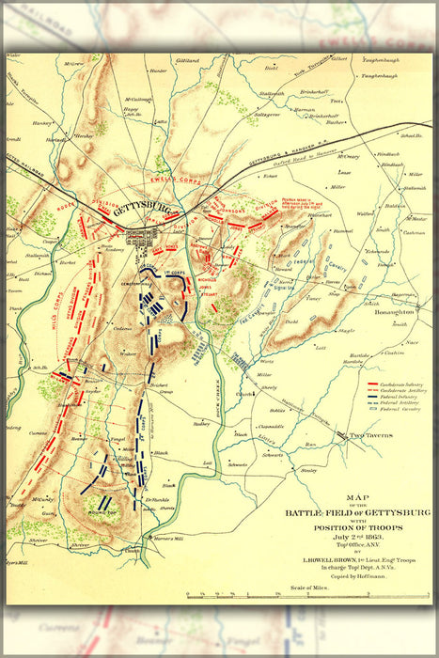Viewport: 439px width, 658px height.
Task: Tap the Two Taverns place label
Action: coord(369,436)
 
